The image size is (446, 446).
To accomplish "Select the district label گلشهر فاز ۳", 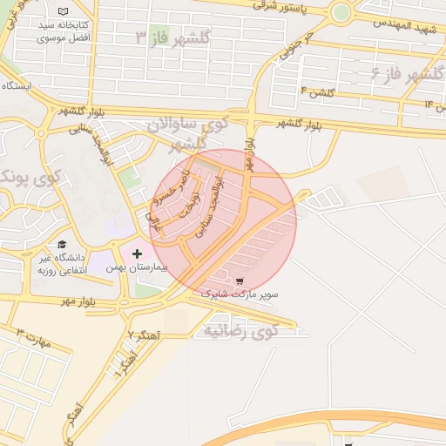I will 173,37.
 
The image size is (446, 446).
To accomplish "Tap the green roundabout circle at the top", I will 341,12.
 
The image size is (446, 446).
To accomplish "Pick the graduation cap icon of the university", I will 62,244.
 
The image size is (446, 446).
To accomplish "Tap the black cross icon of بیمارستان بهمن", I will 137,253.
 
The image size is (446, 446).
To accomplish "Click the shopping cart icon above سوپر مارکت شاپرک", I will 240,281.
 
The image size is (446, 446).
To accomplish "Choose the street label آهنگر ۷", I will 143,334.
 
